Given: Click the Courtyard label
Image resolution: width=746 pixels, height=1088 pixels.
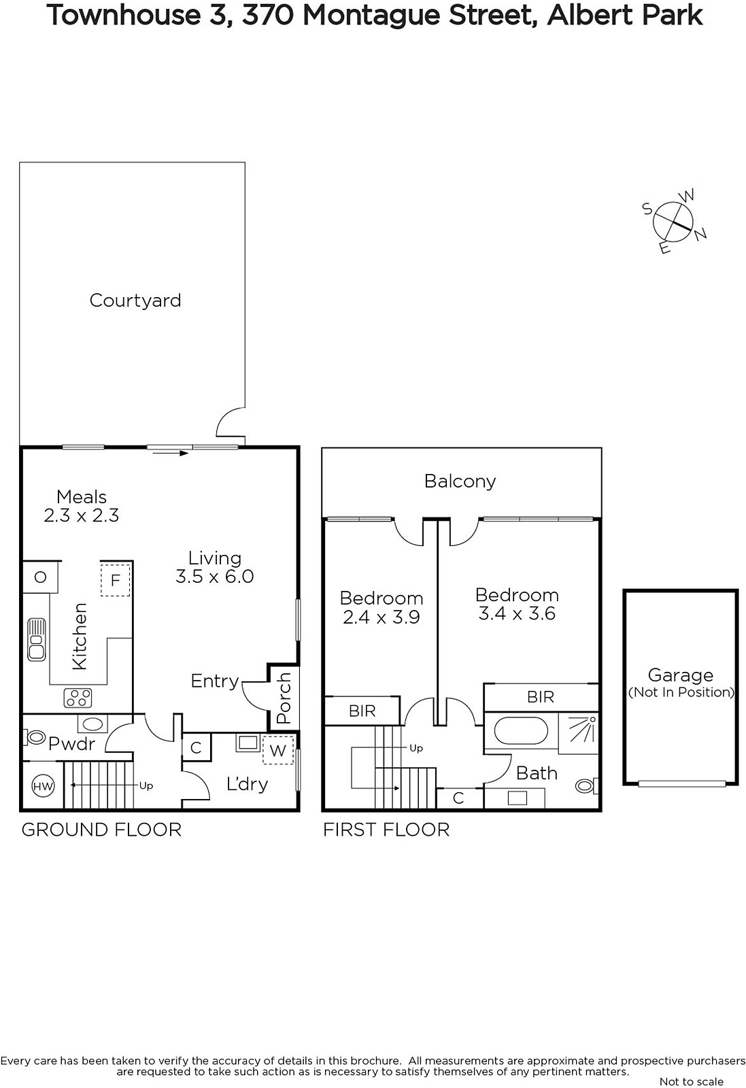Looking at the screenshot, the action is [x=135, y=301].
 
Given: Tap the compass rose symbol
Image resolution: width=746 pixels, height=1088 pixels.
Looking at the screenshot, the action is [x=674, y=222].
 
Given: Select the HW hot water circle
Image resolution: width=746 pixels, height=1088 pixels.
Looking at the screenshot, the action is [x=43, y=786].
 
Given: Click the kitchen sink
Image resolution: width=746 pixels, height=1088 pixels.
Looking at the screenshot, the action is [x=37, y=639].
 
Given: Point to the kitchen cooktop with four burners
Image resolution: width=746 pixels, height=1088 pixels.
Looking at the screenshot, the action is [x=78, y=698].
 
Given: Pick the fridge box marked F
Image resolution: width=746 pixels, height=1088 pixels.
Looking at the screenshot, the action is [x=115, y=580].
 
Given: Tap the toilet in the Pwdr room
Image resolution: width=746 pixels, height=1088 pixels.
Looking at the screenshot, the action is [x=34, y=737].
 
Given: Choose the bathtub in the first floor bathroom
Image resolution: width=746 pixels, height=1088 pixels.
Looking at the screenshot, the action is [x=521, y=730].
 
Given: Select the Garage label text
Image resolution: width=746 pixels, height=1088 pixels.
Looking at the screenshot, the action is [x=681, y=676].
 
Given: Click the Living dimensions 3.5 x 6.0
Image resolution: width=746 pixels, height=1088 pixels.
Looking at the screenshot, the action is [x=215, y=577].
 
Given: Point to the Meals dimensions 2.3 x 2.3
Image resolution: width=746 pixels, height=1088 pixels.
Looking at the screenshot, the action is [x=82, y=515].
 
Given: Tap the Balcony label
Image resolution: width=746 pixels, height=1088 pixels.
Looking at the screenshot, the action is [x=460, y=481].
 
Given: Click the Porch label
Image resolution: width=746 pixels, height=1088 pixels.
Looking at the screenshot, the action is [x=283, y=698].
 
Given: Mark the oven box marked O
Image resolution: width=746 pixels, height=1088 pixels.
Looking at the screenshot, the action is [x=40, y=577].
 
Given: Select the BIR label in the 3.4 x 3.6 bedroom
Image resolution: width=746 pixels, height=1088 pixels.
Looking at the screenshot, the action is [x=541, y=697].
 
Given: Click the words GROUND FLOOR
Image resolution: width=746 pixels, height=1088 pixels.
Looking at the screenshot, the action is [x=101, y=830].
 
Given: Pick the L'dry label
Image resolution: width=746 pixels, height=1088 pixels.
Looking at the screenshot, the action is [x=248, y=784].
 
